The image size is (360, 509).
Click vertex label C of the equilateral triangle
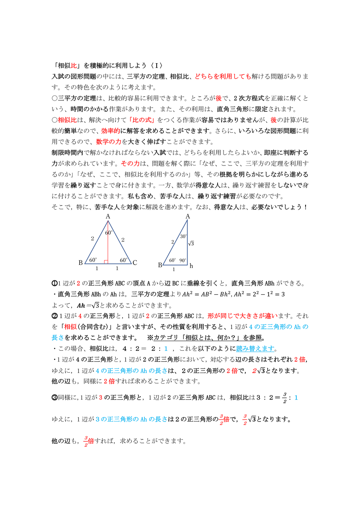(135, 262)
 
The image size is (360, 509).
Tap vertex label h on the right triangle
(191, 266)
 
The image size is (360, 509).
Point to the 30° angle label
(183, 236)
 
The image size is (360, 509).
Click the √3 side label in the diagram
(191, 243)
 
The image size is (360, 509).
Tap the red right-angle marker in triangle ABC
(106, 262)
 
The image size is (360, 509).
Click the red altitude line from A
(108, 243)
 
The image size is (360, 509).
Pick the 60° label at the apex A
(109, 233)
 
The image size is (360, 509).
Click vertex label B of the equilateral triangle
(80, 262)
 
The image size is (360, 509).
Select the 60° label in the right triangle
(173, 260)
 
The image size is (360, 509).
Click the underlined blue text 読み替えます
(255, 349)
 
